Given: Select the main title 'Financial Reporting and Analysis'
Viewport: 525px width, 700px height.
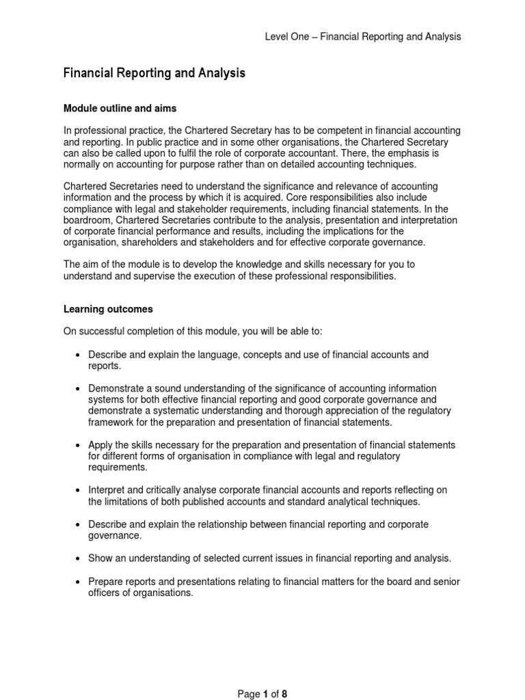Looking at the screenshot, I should (x=154, y=72).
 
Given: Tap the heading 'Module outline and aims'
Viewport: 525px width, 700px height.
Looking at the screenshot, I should (x=120, y=108).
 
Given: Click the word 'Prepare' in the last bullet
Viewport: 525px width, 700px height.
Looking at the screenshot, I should (x=106, y=581).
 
